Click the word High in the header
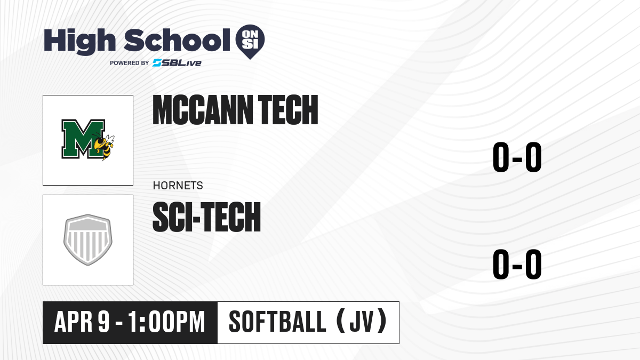point(80,42)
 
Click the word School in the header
point(177,40)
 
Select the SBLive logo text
point(177,63)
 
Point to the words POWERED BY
point(130,63)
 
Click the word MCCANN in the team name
point(203,110)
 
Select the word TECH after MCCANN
point(288,110)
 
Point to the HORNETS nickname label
point(178,186)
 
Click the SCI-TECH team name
point(206,217)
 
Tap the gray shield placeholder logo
point(88,239)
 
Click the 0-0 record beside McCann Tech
point(517,157)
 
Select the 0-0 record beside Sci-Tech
point(517,264)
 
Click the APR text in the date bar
point(73,322)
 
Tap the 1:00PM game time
point(166,322)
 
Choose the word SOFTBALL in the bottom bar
point(277,322)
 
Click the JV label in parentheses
point(362,322)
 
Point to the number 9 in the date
point(103,322)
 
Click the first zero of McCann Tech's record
point(501,157)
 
